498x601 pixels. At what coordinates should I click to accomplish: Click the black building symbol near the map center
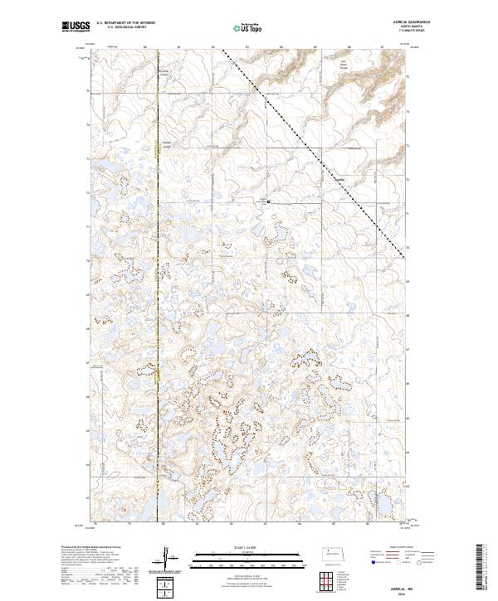pos(268,201)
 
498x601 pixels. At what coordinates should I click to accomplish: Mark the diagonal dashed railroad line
pos(315,149)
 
